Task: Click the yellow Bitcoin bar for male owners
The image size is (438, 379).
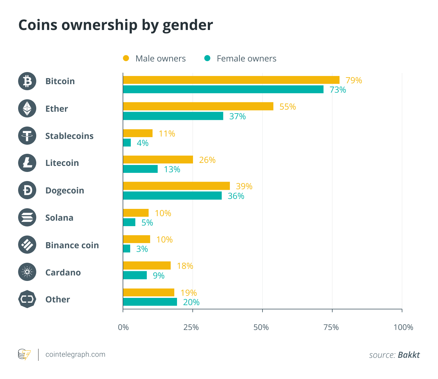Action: click(231, 80)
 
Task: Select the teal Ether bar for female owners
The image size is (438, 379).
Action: click(173, 116)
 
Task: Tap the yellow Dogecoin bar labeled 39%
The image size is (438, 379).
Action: click(176, 186)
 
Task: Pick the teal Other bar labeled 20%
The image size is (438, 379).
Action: click(150, 302)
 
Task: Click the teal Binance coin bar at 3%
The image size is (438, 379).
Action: click(127, 249)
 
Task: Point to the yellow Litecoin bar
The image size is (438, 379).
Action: click(158, 160)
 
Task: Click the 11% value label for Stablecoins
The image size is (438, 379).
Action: click(167, 133)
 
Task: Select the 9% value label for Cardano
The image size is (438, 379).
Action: click(159, 275)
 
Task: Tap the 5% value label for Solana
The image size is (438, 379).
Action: click(147, 222)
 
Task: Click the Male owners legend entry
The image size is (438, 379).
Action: click(154, 58)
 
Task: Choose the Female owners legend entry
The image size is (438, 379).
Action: click(240, 58)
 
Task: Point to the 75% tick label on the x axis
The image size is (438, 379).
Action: click(331, 327)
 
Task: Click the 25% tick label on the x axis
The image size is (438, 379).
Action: click(191, 327)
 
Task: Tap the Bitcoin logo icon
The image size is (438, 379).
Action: click(27, 81)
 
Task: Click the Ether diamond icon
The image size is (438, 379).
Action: click(27, 108)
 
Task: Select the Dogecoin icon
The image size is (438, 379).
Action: click(27, 190)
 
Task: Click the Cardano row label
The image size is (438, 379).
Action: click(63, 272)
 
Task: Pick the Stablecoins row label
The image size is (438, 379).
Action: click(69, 136)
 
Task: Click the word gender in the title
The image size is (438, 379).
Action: click(188, 25)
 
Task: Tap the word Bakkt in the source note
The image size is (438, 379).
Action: click(409, 355)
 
